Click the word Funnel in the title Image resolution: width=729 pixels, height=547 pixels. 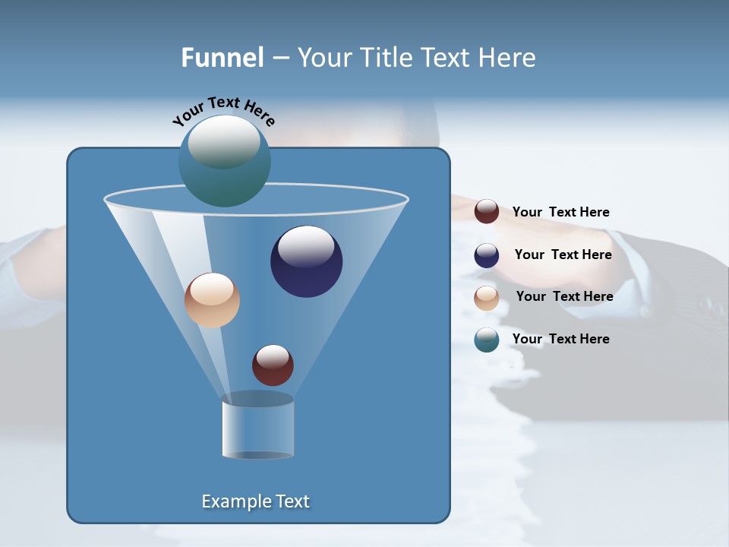pyautogui.click(x=222, y=58)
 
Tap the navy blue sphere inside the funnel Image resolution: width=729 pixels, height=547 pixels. pyautogui.click(x=307, y=262)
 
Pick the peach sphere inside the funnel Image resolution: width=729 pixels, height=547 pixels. pyautogui.click(x=212, y=300)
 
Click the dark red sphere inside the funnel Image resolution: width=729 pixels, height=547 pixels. pyautogui.click(x=273, y=365)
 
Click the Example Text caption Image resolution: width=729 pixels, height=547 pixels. pyautogui.click(x=256, y=501)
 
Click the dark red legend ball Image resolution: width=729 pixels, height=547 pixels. pyautogui.click(x=487, y=212)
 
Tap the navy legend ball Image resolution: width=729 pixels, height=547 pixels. pyautogui.click(x=487, y=255)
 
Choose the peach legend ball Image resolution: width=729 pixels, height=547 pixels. pyautogui.click(x=487, y=297)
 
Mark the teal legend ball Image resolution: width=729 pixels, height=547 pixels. pyautogui.click(x=487, y=340)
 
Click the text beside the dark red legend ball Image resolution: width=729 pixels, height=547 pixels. pyautogui.click(x=560, y=212)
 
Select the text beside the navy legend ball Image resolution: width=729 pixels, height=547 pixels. pyautogui.click(x=563, y=255)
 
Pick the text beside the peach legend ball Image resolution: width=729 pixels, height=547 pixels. pyautogui.click(x=564, y=296)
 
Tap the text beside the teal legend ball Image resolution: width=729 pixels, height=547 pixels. pyautogui.click(x=560, y=339)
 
